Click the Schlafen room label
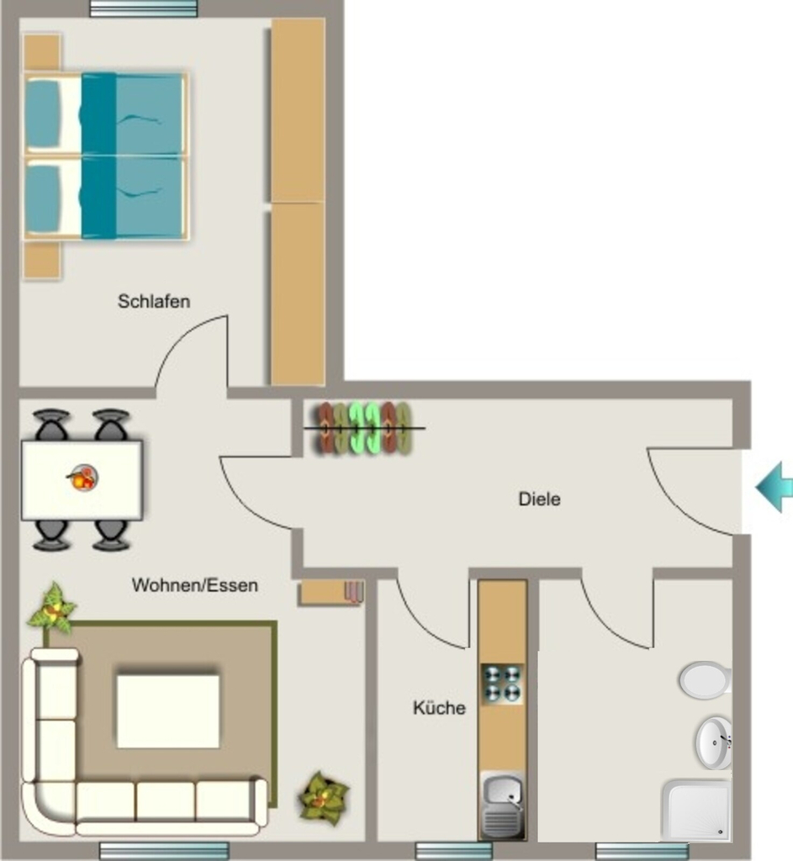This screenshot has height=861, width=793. point(154,301)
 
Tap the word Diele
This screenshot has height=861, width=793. point(539,499)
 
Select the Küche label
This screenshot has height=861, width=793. point(439,707)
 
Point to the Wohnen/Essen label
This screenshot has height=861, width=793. point(195,585)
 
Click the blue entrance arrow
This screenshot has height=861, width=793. point(774,488)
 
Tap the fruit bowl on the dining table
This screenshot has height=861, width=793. point(83,478)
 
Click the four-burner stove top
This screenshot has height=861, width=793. point(502,684)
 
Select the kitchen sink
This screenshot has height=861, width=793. point(502,805)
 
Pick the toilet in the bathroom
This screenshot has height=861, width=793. point(705,679)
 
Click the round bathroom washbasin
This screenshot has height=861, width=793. point(714,743)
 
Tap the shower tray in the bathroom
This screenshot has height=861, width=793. point(697,810)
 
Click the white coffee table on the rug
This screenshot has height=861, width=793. point(168,711)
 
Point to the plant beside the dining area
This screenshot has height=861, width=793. point(52,609)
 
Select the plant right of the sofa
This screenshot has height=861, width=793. point(324,798)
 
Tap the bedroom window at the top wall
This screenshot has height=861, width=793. point(143,8)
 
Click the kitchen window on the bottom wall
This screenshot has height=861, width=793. point(453,851)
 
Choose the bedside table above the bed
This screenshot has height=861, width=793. point(42,53)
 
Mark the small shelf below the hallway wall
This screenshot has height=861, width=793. point(330,593)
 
